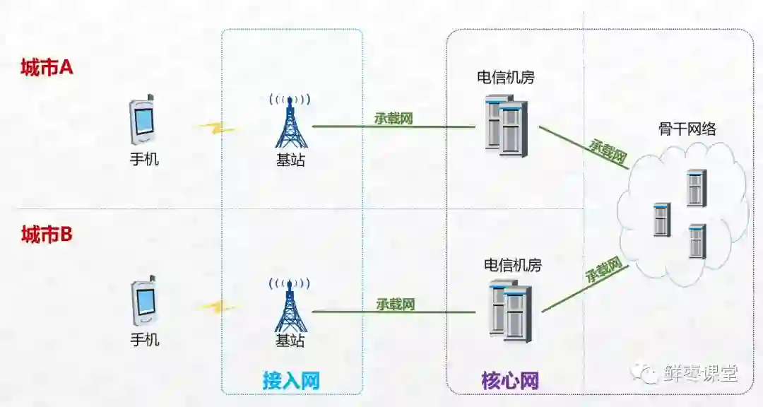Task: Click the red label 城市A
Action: coord(47,68)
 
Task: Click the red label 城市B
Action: coord(47,235)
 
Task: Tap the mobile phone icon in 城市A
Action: coord(143,119)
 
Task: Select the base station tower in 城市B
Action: coord(290,305)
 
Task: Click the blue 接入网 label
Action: coord(291,381)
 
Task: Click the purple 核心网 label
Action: coord(510,381)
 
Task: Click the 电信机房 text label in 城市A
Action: coord(506,77)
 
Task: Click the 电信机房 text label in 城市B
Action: coord(512,266)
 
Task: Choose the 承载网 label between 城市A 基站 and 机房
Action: coord(394,119)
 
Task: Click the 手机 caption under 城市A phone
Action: coord(144,159)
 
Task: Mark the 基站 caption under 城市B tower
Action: coord(290,341)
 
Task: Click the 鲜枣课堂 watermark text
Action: coord(700,373)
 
